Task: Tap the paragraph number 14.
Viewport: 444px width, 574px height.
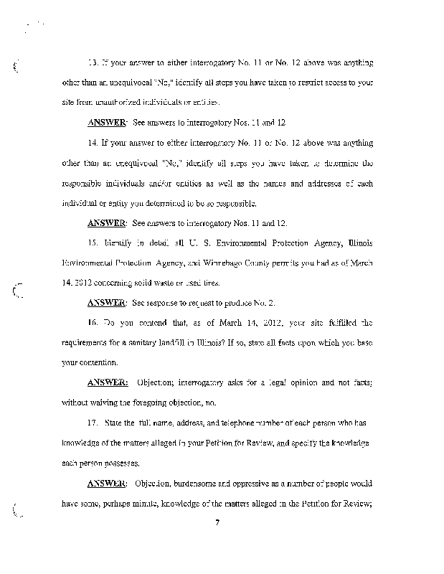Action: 93,143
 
